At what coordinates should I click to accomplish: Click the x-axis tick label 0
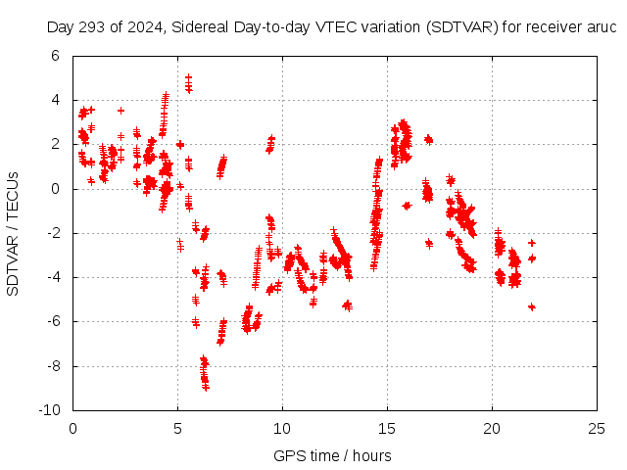coord(73,428)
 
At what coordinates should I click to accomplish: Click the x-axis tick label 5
coord(177,428)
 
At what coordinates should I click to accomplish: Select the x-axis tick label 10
coord(282,428)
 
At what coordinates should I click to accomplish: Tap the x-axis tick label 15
coord(387,428)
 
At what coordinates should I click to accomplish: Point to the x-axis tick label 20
coord(492,428)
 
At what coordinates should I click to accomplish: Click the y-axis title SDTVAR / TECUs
coord(14,233)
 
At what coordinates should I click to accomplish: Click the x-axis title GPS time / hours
coord(333,455)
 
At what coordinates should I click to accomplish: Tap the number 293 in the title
coord(92,27)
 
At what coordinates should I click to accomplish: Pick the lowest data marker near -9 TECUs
coord(206,388)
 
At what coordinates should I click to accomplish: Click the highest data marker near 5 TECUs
coord(188,76)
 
